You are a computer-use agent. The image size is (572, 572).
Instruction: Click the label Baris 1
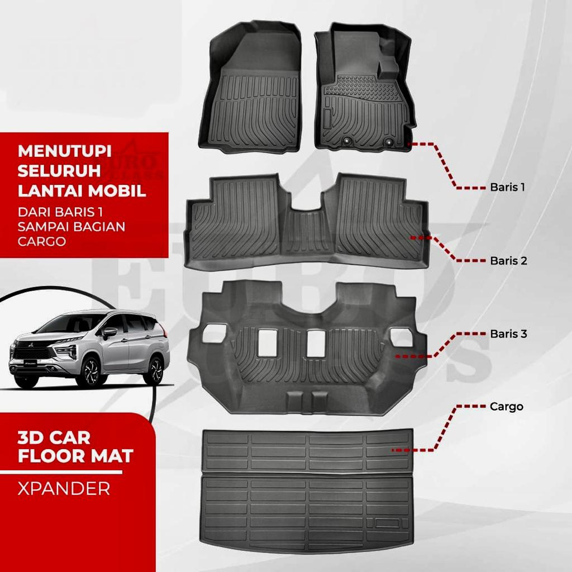point(507,187)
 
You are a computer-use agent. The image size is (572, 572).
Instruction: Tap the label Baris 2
point(508,260)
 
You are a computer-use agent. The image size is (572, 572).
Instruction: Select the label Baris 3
point(508,334)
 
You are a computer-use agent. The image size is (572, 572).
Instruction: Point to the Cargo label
point(506,407)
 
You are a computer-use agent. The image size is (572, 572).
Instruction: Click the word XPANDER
point(64,489)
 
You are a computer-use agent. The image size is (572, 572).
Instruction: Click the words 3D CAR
point(54,437)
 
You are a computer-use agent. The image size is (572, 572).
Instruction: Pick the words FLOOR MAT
point(75,456)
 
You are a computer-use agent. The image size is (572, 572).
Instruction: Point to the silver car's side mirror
point(109,332)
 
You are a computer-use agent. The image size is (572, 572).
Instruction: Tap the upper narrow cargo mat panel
point(307,450)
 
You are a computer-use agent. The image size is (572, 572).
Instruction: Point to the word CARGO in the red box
point(42,241)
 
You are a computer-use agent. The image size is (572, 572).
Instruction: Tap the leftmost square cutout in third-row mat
point(213,335)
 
